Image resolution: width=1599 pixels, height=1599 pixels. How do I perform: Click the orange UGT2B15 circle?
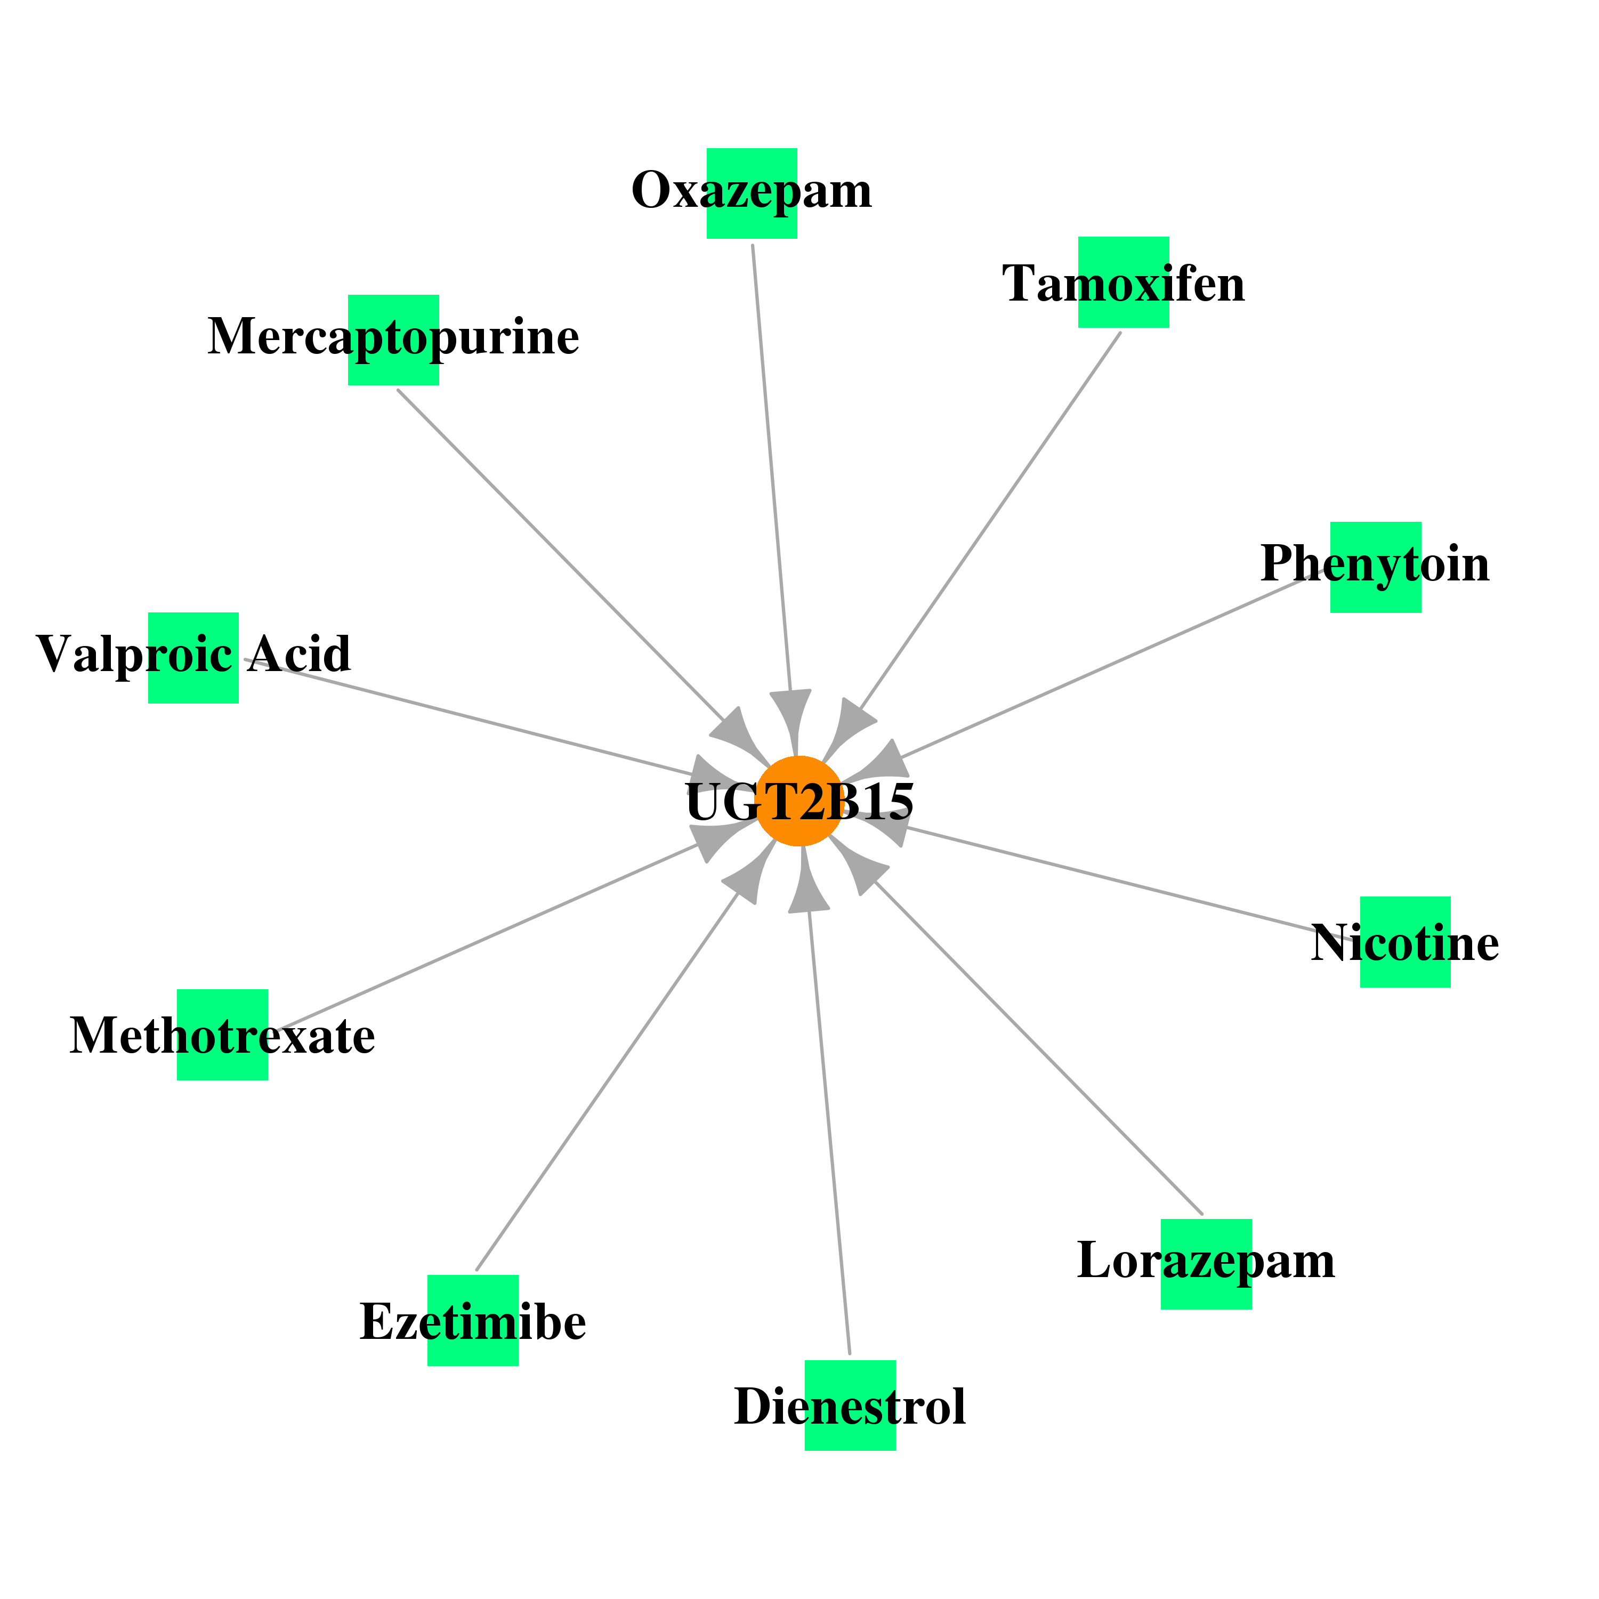(x=799, y=801)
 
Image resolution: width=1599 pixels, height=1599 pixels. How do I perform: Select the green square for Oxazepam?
(x=752, y=193)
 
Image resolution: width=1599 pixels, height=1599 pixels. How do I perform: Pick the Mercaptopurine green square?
(x=393, y=340)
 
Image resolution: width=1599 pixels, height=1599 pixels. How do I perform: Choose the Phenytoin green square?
(x=1376, y=567)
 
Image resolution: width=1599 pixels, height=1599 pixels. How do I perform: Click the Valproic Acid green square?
(x=193, y=658)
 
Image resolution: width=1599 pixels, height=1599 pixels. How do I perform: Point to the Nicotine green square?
(x=1406, y=942)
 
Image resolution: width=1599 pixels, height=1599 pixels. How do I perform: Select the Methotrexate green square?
(x=223, y=1035)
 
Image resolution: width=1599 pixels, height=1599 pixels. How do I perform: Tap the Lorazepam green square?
(x=1206, y=1264)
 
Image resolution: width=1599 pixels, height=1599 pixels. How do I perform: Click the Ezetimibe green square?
(x=473, y=1320)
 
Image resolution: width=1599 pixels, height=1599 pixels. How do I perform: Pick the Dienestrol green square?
(x=850, y=1406)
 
